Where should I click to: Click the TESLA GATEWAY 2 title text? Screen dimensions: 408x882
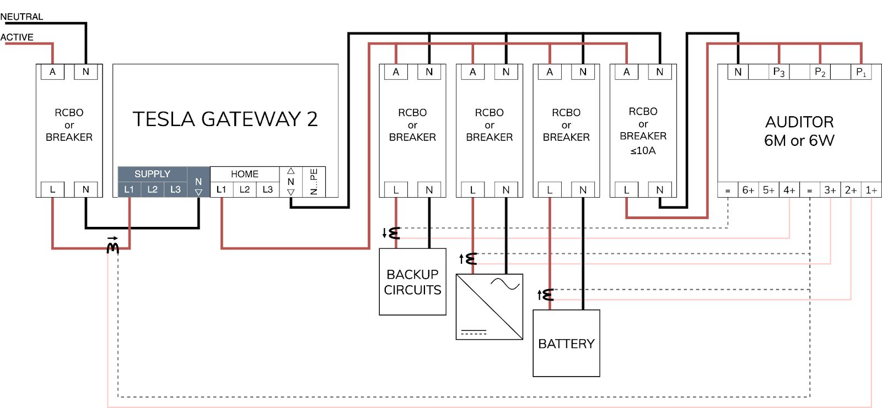coord(225,119)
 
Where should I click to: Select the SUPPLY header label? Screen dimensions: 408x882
coord(152,174)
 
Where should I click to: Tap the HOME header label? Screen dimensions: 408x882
coord(244,174)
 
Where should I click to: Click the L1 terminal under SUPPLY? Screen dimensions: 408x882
coord(129,189)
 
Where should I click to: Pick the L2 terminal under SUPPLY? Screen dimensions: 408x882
coord(152,189)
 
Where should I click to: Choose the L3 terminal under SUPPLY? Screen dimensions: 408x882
coord(175,189)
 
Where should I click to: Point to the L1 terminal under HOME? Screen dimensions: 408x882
coord(221,189)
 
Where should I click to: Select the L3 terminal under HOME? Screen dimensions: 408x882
coord(267,189)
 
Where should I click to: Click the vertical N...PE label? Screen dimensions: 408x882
coord(314,182)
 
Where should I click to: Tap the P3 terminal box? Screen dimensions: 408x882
coord(779,72)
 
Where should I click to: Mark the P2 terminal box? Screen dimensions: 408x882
coord(820,72)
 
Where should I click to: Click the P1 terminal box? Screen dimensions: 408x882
coord(861,72)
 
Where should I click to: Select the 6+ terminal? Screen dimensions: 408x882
coord(748,190)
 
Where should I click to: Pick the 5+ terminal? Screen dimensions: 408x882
coord(768,190)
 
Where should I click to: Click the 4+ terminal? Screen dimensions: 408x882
coord(789,190)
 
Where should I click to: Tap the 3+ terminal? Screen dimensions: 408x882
coord(830,190)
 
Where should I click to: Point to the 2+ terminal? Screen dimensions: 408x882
coord(851,190)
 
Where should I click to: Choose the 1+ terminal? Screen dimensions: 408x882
coord(871,190)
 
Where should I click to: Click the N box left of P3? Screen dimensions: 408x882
coord(738,72)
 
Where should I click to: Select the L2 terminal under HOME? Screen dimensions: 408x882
coord(244,189)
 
